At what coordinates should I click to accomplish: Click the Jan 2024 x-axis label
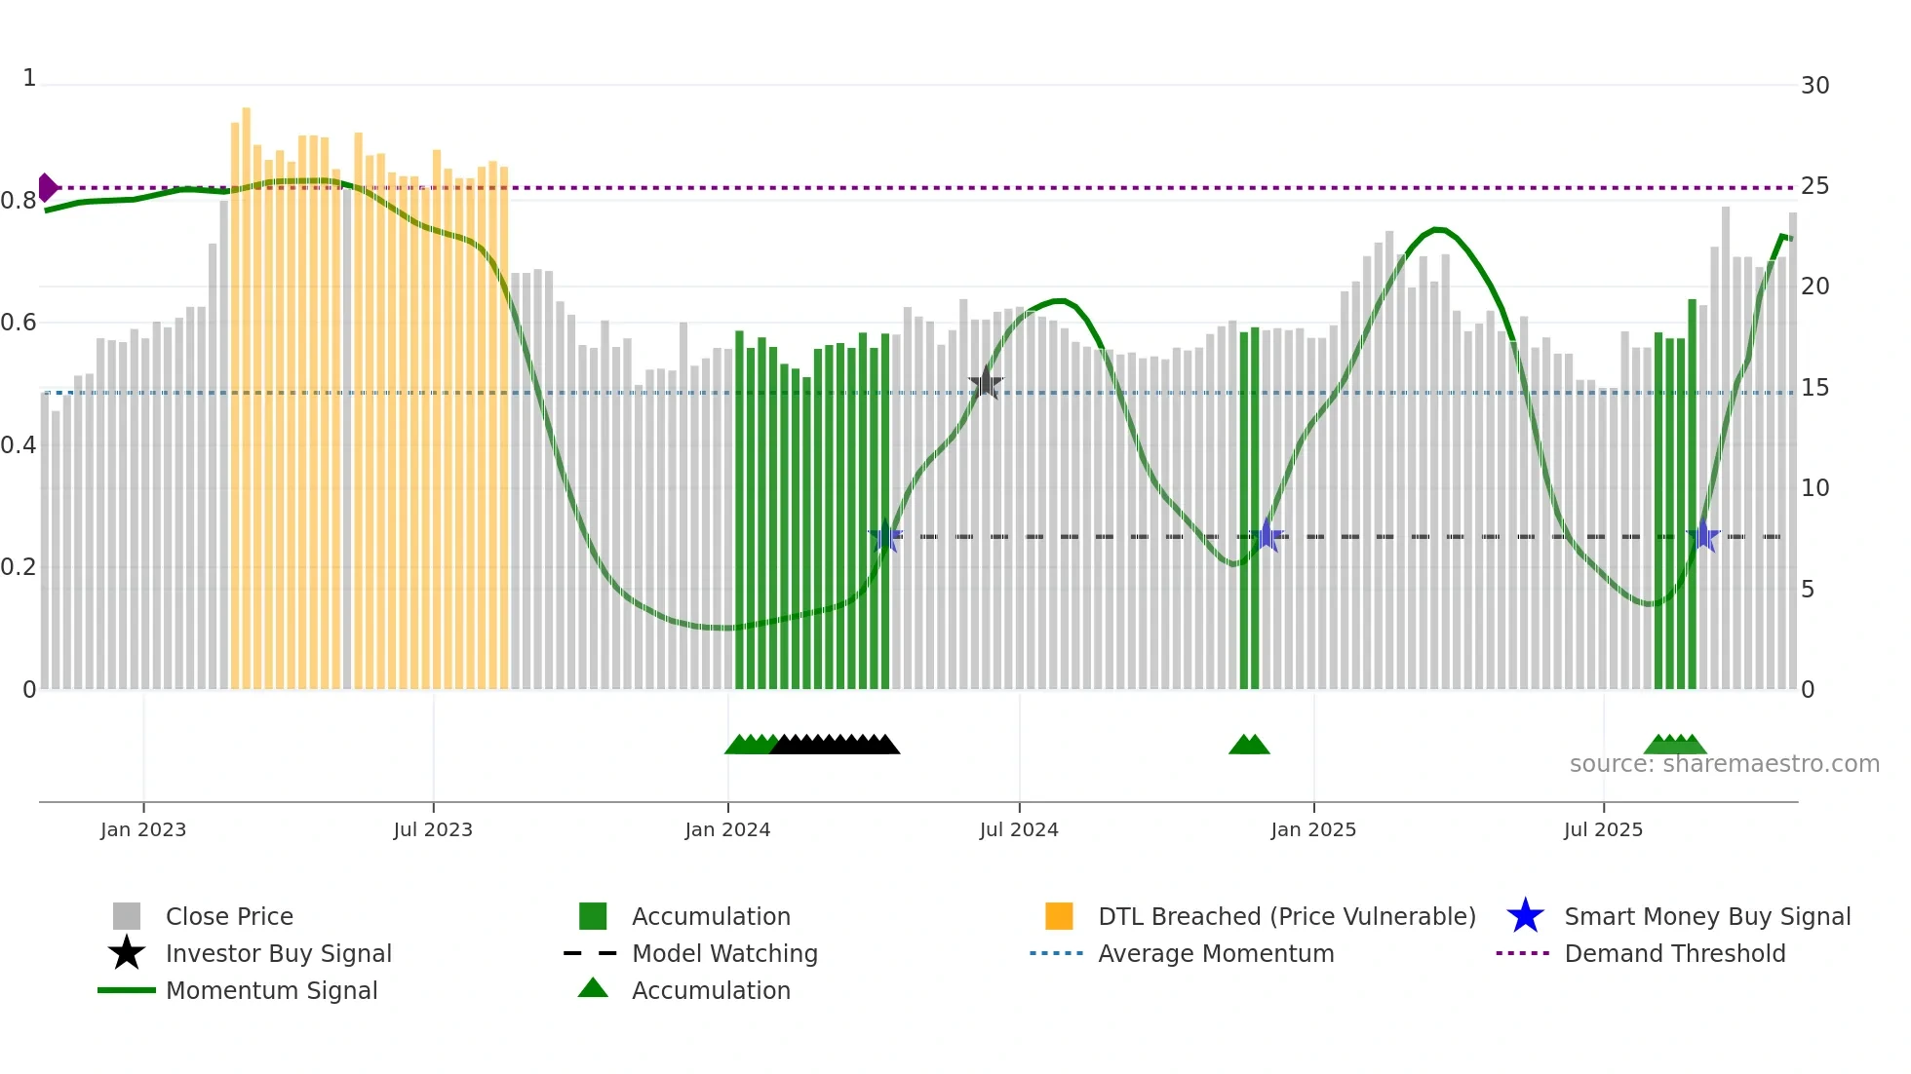(x=727, y=829)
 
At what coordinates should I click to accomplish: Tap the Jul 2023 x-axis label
(x=433, y=829)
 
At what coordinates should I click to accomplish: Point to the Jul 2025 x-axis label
(x=1603, y=829)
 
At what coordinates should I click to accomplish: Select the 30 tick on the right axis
(x=1814, y=86)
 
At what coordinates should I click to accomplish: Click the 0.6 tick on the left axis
(x=19, y=323)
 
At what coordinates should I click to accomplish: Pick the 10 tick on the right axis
(x=1814, y=488)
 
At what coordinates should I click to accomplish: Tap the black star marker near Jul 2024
(x=986, y=383)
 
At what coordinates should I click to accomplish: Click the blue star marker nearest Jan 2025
(x=1267, y=535)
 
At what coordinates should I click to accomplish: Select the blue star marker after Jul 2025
(x=1702, y=536)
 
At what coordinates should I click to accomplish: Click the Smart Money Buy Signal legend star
(x=1525, y=916)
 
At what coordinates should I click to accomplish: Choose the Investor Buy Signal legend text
(x=279, y=953)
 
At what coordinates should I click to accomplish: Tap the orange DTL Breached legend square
(x=1059, y=916)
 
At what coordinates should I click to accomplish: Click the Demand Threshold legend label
(x=1674, y=953)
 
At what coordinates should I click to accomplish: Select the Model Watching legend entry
(x=724, y=953)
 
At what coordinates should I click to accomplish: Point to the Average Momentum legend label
(x=1216, y=953)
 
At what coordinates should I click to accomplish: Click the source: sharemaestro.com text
(x=1724, y=764)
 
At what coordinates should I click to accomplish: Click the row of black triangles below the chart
(x=835, y=745)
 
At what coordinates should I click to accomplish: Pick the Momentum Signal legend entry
(x=271, y=990)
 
